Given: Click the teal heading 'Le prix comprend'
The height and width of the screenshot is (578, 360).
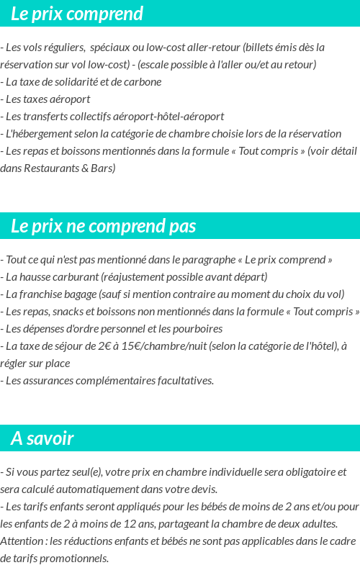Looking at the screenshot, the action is click(x=77, y=14).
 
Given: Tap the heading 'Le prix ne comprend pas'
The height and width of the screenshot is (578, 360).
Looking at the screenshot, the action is click(x=103, y=226).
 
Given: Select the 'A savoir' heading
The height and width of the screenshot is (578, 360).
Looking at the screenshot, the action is click(x=42, y=438).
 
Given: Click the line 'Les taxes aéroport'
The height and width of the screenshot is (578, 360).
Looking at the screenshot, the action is click(x=48, y=99).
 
